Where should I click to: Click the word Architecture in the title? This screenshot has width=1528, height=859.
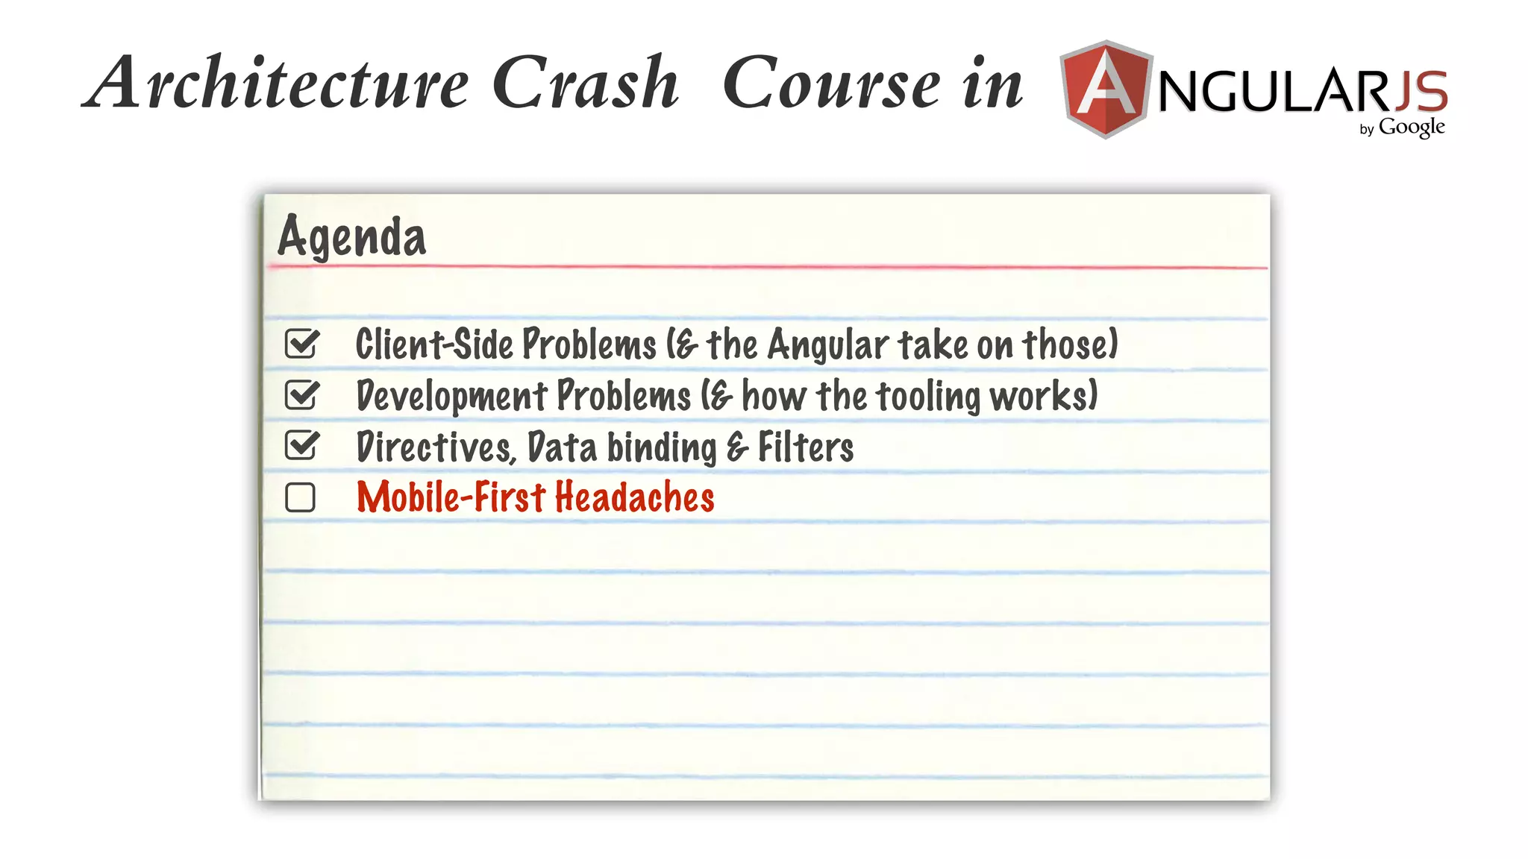(x=276, y=84)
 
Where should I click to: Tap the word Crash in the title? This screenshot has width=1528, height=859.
(x=586, y=84)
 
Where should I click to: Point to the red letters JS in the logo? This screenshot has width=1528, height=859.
(x=1421, y=91)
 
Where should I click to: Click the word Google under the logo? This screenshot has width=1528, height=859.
(x=1412, y=128)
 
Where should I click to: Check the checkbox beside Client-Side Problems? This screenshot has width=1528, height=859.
(x=301, y=344)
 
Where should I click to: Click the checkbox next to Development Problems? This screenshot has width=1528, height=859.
(x=301, y=395)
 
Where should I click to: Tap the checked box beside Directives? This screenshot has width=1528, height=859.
(x=301, y=446)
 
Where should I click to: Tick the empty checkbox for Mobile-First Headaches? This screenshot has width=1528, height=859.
(x=301, y=497)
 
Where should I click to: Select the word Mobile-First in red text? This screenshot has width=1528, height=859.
(x=451, y=497)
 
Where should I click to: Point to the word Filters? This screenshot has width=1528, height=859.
(x=806, y=447)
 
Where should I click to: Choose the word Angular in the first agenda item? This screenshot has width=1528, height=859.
(x=828, y=345)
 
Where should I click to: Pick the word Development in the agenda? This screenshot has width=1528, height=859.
(x=451, y=396)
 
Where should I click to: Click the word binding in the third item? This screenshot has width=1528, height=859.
(x=661, y=448)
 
